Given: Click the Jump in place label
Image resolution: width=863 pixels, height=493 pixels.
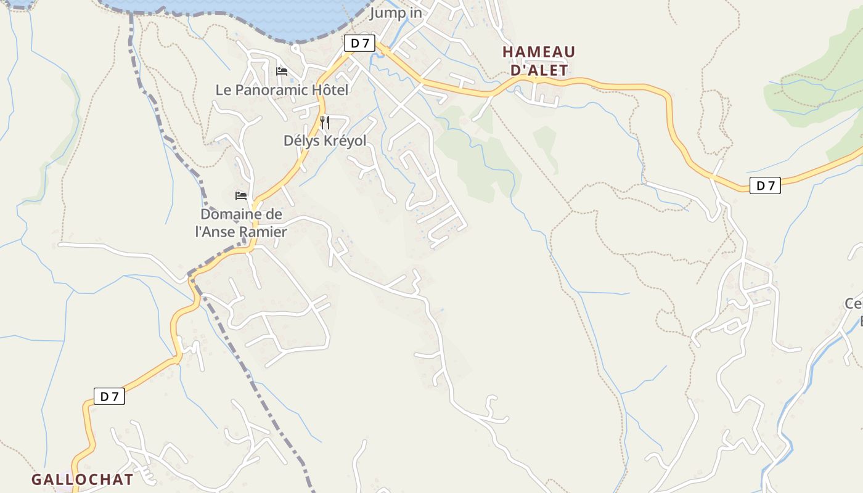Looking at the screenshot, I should pyautogui.click(x=396, y=13).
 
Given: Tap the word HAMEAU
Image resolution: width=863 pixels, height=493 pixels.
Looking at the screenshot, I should pyautogui.click(x=538, y=52).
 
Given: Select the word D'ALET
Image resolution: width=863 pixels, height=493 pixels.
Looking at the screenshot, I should pyautogui.click(x=539, y=70).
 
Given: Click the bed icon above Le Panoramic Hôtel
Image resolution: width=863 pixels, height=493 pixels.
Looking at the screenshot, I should pyautogui.click(x=282, y=71).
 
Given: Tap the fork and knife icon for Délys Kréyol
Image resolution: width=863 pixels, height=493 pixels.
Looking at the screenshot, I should pyautogui.click(x=325, y=122).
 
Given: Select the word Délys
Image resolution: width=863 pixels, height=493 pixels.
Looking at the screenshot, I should pyautogui.click(x=301, y=141).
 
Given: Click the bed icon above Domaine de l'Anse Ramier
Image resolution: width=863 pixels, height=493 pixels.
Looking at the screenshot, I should pyautogui.click(x=241, y=196).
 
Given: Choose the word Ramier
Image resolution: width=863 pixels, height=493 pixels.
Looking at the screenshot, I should pyautogui.click(x=263, y=232).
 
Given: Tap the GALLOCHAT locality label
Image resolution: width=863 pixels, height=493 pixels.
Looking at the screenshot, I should pyautogui.click(x=82, y=479).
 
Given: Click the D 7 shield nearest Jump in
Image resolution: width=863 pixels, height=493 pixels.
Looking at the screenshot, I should pyautogui.click(x=359, y=43).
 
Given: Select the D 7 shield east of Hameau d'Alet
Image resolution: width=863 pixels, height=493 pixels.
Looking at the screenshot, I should pyautogui.click(x=765, y=185).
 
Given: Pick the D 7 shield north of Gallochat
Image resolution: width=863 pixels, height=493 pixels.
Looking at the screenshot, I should pyautogui.click(x=109, y=396).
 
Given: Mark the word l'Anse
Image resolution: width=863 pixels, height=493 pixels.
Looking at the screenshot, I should pyautogui.click(x=215, y=232).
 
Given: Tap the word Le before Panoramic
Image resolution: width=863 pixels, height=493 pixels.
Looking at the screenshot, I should pyautogui.click(x=223, y=90).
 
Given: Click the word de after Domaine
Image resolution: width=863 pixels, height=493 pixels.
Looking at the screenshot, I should pyautogui.click(x=274, y=214).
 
